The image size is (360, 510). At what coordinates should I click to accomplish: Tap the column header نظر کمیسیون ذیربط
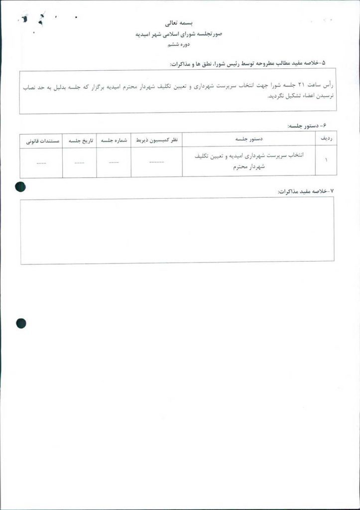pos(157,140)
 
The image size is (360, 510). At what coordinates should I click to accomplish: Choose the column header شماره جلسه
pos(114,140)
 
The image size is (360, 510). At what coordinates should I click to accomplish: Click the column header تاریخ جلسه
pos(79,140)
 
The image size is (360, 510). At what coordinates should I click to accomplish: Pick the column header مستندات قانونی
pos(41,140)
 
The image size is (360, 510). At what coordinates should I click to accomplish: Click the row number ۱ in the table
pos(326,162)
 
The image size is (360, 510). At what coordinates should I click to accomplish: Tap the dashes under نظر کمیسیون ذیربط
pos(157,162)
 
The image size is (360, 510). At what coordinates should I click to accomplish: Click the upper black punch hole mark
pos(20,187)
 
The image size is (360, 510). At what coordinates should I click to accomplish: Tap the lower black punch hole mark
pos(21,324)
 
